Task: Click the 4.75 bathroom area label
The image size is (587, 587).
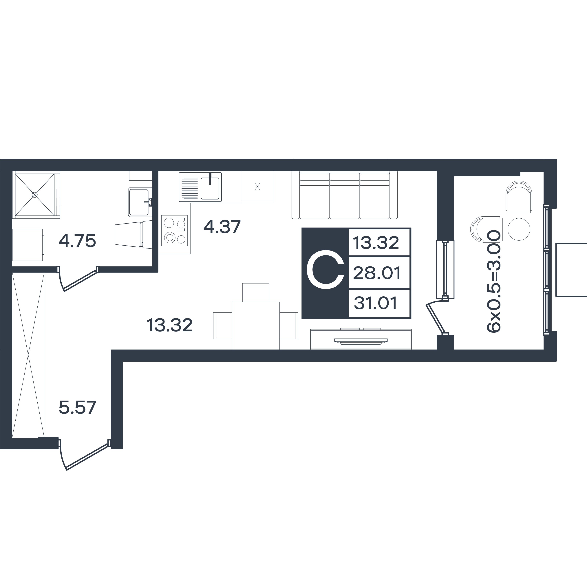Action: click(77, 241)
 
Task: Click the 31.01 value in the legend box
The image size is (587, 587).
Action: click(376, 303)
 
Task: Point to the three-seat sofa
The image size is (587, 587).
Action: click(345, 195)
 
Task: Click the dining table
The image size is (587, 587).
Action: click(255, 325)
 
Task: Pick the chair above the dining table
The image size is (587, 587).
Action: click(255, 292)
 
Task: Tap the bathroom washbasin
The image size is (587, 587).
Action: click(140, 202)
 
